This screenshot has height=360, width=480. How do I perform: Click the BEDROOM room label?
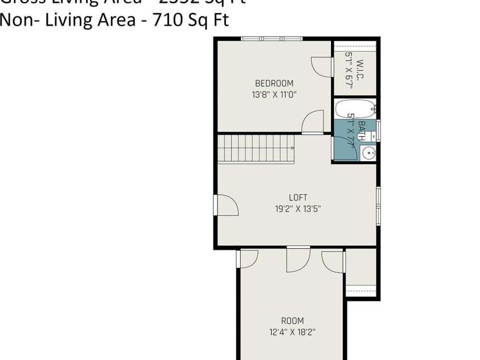tap(274, 83)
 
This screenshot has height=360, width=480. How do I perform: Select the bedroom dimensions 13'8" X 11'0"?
tap(274, 95)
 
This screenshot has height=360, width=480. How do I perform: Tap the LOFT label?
tap(298, 198)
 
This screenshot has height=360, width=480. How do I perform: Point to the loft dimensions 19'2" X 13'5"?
tap(298, 209)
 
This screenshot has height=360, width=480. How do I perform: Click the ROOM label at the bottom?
tap(292, 321)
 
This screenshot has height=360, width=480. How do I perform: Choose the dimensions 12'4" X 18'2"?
tap(292, 332)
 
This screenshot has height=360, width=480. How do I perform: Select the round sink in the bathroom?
tap(368, 153)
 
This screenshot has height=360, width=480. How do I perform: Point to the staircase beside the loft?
tap(256, 149)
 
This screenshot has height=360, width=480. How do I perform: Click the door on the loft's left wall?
tap(225, 205)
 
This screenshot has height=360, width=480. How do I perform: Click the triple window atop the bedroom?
tap(271, 39)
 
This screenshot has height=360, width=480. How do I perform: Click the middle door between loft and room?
tap(298, 259)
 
